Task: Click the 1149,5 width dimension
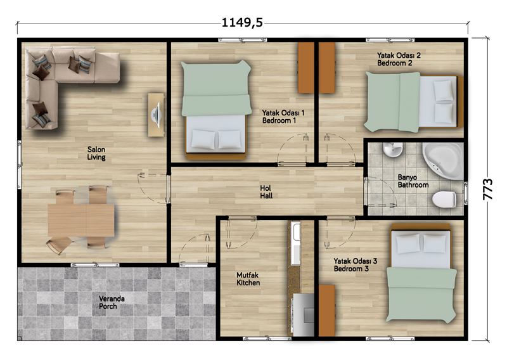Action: pyautogui.click(x=242, y=23)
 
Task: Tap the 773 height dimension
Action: pyautogui.click(x=487, y=190)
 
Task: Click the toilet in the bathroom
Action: pyautogui.click(x=444, y=199)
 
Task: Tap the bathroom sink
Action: pyautogui.click(x=392, y=150)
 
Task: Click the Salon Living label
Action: pyautogui.click(x=96, y=153)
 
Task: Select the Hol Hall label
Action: pyautogui.click(x=266, y=192)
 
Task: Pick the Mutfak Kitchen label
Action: pyautogui.click(x=248, y=279)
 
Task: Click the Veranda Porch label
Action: pyautogui.click(x=112, y=302)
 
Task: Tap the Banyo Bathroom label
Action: pyautogui.click(x=413, y=181)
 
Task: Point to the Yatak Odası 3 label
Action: pyautogui.click(x=356, y=260)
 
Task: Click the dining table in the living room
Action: pyautogui.click(x=81, y=220)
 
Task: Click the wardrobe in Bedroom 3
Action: pyautogui.click(x=327, y=311)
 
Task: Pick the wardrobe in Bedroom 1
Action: pyautogui.click(x=306, y=68)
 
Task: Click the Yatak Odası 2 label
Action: pyautogui.click(x=399, y=55)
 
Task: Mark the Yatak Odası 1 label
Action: pyautogui.click(x=283, y=113)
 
